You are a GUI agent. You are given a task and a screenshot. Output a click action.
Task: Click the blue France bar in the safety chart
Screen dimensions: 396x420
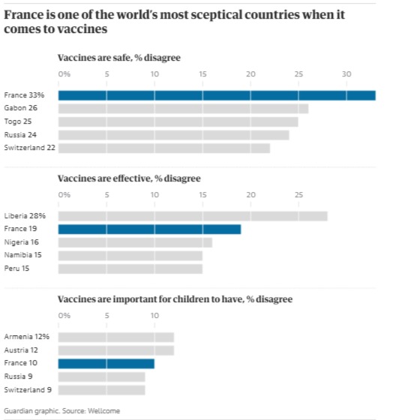(x=217, y=96)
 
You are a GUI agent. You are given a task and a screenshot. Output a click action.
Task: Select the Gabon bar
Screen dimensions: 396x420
(x=183, y=109)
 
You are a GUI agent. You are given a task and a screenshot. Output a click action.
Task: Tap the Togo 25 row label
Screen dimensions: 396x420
(x=18, y=121)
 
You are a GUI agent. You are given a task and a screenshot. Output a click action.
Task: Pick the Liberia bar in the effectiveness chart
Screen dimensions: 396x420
(x=193, y=216)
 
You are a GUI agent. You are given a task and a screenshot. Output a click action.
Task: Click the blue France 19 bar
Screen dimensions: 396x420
(x=149, y=229)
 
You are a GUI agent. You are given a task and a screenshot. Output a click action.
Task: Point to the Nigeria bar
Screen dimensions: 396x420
(x=135, y=242)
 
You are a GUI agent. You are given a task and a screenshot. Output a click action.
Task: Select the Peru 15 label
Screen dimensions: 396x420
(x=16, y=268)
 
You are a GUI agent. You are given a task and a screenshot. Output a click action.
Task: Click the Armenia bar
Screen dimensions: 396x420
(x=116, y=337)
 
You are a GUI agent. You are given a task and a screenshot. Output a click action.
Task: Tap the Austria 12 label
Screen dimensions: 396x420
(x=21, y=350)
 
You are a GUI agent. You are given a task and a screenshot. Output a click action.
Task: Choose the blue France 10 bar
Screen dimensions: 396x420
(x=106, y=364)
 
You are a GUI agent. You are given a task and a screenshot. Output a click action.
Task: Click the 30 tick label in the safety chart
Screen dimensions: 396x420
(x=346, y=74)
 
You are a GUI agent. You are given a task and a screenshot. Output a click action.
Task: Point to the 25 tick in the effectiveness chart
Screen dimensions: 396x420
(x=298, y=195)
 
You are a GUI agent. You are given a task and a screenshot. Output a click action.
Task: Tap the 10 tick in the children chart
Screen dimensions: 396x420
(x=154, y=316)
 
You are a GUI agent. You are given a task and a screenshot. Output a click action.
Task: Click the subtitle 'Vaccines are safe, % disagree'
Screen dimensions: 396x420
(x=119, y=58)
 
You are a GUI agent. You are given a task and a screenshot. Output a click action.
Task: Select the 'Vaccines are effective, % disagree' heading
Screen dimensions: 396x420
(x=129, y=178)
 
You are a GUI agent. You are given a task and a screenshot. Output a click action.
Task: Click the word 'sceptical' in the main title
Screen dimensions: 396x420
(x=217, y=15)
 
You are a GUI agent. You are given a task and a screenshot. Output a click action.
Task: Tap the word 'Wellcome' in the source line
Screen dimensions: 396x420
(x=103, y=411)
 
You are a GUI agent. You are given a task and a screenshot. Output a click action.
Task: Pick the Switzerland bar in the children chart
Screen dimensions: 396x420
(x=101, y=390)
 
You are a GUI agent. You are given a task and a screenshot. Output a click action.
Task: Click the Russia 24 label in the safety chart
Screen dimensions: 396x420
(x=20, y=135)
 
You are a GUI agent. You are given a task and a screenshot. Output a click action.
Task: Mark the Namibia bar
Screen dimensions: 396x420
(x=130, y=256)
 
